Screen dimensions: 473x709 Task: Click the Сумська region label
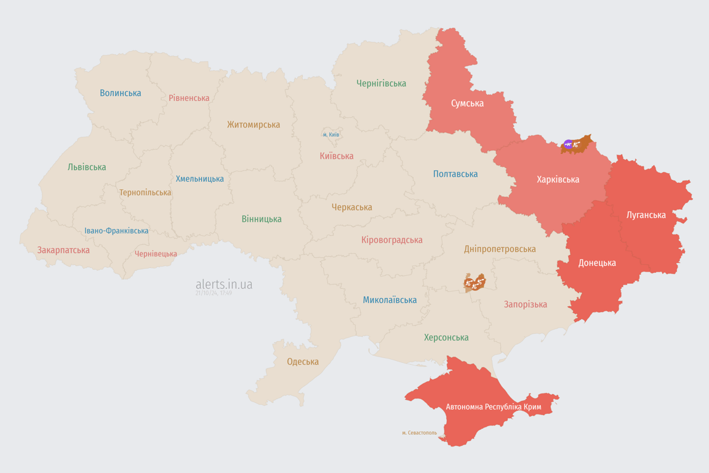click(x=467, y=103)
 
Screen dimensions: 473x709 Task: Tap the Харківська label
click(x=558, y=180)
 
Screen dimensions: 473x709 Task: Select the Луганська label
click(x=646, y=215)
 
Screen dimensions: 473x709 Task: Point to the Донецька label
click(x=597, y=263)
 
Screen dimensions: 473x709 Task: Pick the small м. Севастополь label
click(x=419, y=433)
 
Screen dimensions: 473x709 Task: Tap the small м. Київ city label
click(x=330, y=134)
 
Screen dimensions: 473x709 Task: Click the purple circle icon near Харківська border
click(x=568, y=145)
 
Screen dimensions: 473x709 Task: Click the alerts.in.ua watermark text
click(x=223, y=285)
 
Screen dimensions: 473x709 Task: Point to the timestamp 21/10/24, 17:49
click(x=214, y=293)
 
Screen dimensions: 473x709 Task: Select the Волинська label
click(x=121, y=93)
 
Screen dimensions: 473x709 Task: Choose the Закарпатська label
click(x=63, y=250)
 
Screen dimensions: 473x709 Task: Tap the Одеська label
click(x=303, y=362)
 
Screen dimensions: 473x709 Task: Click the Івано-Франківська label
click(x=116, y=231)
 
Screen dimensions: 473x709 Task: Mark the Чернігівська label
click(x=381, y=83)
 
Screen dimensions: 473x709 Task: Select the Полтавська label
click(x=455, y=174)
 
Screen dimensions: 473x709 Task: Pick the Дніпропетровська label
click(x=500, y=249)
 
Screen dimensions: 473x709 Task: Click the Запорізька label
click(x=525, y=304)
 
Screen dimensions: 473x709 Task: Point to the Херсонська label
click(x=446, y=338)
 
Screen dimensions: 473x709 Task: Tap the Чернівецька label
click(x=156, y=254)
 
